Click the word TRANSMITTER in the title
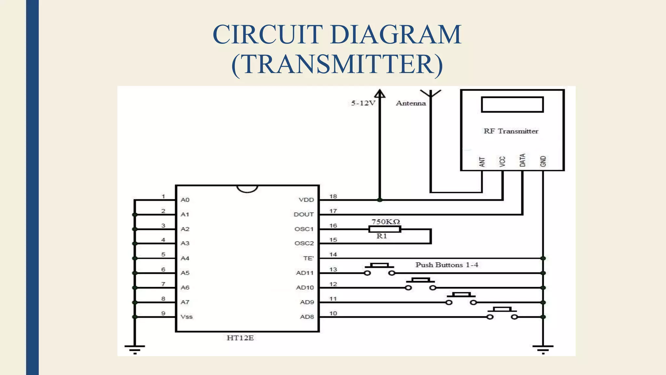tap(337, 64)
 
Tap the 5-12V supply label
tap(363, 103)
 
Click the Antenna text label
tap(411, 103)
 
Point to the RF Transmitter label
tap(511, 131)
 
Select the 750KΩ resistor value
tap(386, 222)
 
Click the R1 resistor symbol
tap(385, 229)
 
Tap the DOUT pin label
tap(303, 215)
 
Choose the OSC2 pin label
tap(304, 243)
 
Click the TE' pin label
tap(308, 258)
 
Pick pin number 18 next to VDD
tap(333, 196)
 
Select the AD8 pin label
tap(307, 317)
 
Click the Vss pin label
tap(187, 317)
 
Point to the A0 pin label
tap(185, 200)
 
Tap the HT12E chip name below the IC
tap(240, 338)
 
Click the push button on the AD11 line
tap(380, 269)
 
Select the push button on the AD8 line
tap(502, 313)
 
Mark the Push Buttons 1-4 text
tap(446, 265)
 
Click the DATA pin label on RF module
tap(522, 160)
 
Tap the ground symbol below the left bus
tap(135, 349)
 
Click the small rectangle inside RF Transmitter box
tap(512, 104)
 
